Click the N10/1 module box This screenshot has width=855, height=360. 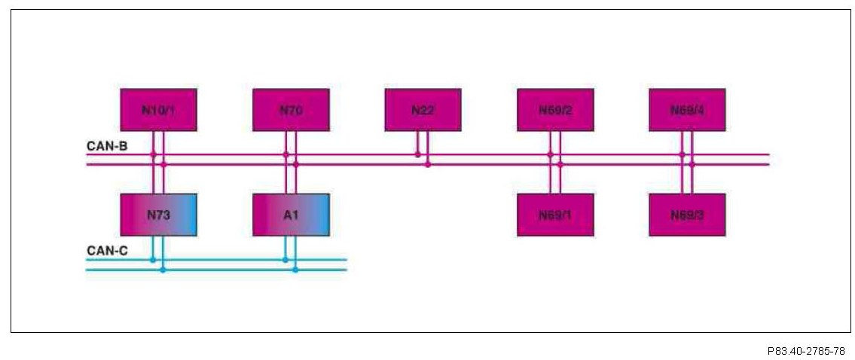click(x=158, y=110)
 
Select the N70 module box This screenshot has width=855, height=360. click(x=291, y=110)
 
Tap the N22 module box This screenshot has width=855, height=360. click(x=423, y=110)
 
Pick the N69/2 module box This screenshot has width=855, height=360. click(x=555, y=110)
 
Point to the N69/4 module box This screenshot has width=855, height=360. click(x=687, y=110)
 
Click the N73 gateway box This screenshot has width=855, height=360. click(x=158, y=215)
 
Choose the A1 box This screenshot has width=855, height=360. click(x=291, y=215)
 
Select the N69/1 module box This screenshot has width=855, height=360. click(x=555, y=215)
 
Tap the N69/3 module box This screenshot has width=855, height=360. click(x=687, y=215)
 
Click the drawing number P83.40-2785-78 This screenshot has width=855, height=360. click(x=805, y=351)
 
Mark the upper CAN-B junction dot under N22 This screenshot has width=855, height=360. click(x=418, y=154)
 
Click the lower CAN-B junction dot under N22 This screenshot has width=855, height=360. click(x=428, y=164)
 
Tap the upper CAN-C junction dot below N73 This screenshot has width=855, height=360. click(x=153, y=260)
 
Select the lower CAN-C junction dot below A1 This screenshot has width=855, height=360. click(x=295, y=270)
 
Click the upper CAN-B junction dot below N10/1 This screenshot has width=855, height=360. click(x=153, y=154)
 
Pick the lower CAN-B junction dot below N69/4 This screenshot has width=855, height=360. click(x=692, y=164)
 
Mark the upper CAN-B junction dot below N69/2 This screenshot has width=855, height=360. click(x=550, y=154)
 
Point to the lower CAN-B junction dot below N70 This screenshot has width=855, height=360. click(x=295, y=164)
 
